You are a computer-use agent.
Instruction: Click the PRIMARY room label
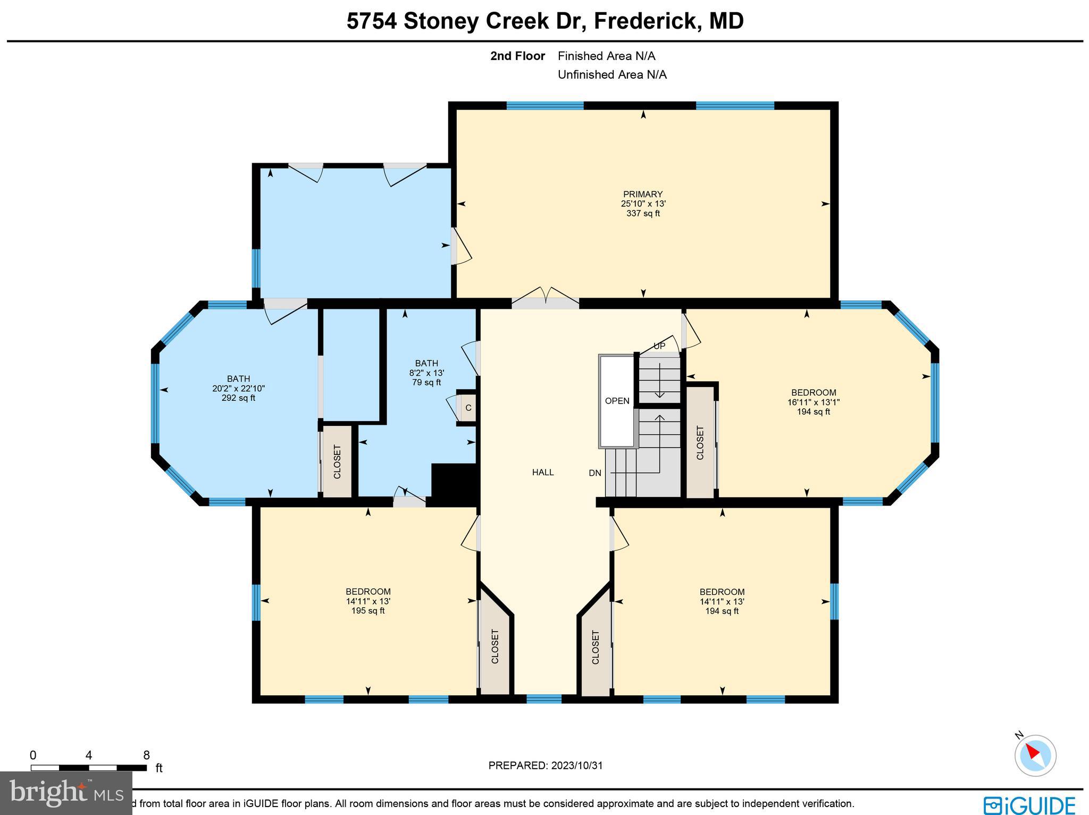point(643,195)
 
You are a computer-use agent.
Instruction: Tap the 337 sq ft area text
point(643,214)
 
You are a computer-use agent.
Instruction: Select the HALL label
point(543,472)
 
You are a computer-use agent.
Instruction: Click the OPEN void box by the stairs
point(617,401)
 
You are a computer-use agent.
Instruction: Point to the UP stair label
point(659,346)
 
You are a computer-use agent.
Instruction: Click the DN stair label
point(595,473)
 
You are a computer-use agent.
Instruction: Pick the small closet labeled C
point(468,408)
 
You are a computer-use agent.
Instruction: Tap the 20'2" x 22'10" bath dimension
point(238,389)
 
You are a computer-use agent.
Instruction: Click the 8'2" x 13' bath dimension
point(426,373)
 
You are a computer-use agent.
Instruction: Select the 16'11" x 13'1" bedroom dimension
point(813,402)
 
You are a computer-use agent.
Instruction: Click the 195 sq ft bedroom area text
point(368,611)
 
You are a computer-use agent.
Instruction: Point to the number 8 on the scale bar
point(146,755)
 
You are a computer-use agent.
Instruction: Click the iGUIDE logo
point(1029,804)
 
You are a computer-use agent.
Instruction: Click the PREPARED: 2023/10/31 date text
point(545,766)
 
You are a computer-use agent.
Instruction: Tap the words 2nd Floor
point(517,56)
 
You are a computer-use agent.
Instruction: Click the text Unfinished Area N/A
point(612,75)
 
